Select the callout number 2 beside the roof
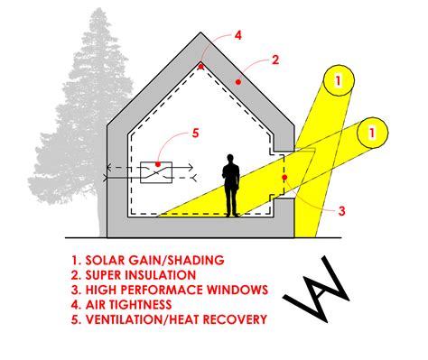click(274, 61)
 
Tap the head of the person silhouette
click(232, 161)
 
